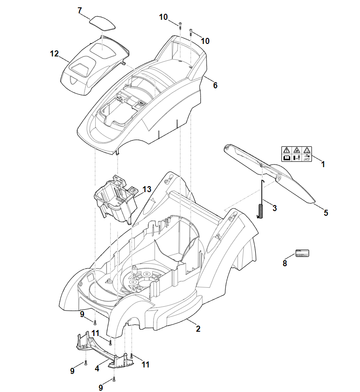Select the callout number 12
point(54,54)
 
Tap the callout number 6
point(215,85)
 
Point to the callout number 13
point(147,189)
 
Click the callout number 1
point(323,164)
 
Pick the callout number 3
point(275,208)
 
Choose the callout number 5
point(326,213)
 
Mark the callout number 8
point(285,264)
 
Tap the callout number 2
point(198,329)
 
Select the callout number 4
point(97,369)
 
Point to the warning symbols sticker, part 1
point(296,153)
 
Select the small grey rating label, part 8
point(302,253)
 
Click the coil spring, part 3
point(261,211)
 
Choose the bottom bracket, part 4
point(103,351)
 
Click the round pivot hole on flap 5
point(279,176)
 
